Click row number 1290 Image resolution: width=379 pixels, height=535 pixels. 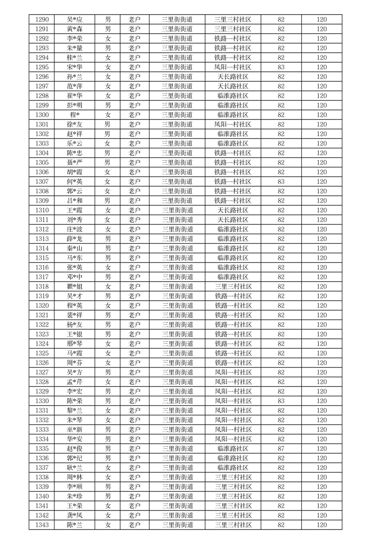tap(42, 20)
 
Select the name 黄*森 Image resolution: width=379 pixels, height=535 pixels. tap(74, 29)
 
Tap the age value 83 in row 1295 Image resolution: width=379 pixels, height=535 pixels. tap(281, 67)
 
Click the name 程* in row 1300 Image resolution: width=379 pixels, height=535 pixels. tap(74, 115)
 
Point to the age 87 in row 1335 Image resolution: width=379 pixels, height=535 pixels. tap(281, 449)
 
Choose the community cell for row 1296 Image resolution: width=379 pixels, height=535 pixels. tap(232, 77)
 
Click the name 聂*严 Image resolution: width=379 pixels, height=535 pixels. tap(74, 163)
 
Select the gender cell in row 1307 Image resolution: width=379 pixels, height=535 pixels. tap(108, 182)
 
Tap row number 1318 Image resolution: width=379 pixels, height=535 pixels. tap(42, 287)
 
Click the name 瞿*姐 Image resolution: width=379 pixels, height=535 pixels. tap(74, 287)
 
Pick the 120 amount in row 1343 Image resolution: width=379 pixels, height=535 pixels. tap(322, 525)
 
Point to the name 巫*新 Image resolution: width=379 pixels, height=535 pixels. tap(74, 430)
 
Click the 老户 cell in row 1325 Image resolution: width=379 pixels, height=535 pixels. tap(135, 353)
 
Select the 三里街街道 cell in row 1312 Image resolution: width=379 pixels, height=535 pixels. tap(177, 229)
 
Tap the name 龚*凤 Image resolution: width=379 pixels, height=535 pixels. tap(74, 515)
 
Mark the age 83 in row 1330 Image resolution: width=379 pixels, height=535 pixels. tap(281, 401)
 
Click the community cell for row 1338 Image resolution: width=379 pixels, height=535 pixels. tap(232, 477)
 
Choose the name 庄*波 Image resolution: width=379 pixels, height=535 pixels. tap(74, 229)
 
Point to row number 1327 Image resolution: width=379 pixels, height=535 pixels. tap(42, 372)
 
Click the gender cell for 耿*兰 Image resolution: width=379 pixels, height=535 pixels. tap(108, 468)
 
